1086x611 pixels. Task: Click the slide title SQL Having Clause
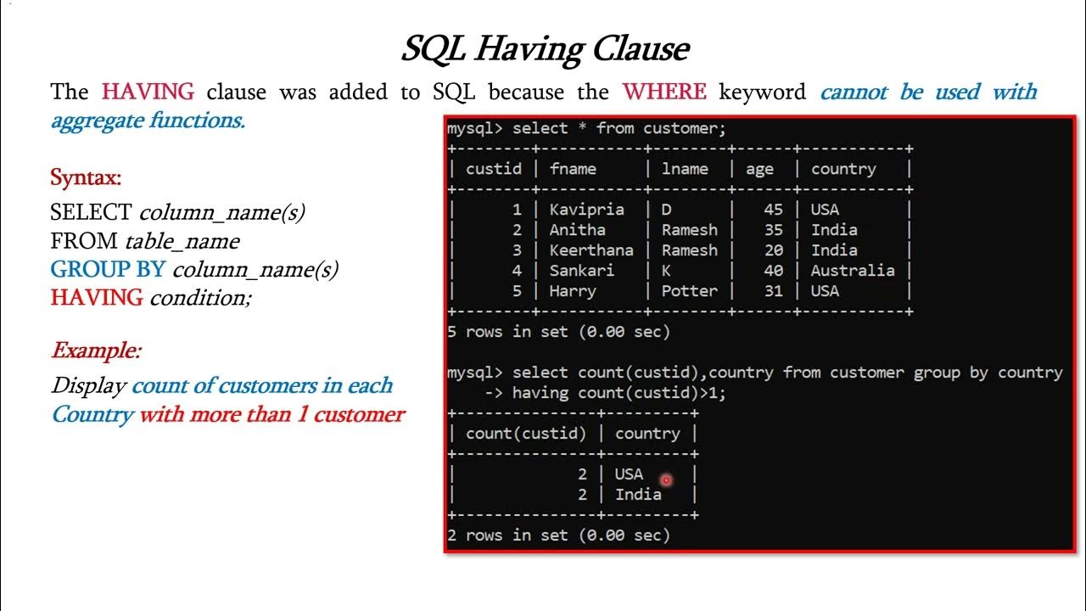[x=544, y=49]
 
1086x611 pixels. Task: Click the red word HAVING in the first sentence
[x=148, y=92]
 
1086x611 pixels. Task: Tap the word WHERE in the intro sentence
[x=664, y=92]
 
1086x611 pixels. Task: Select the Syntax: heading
[x=86, y=178]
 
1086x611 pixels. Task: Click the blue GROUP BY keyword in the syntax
[x=107, y=270]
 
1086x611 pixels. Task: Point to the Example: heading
[x=96, y=350]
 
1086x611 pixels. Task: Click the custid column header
[x=494, y=169]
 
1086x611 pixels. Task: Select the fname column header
[x=573, y=169]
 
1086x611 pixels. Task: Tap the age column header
[x=759, y=169]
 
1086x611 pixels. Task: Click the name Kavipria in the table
[x=586, y=210]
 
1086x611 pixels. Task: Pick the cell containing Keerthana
[x=591, y=250]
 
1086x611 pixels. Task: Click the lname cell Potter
[x=689, y=291]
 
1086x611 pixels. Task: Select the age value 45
[x=773, y=210]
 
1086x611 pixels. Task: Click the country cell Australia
[x=852, y=271]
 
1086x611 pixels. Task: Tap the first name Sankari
[x=581, y=271]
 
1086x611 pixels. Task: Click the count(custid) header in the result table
[x=526, y=434]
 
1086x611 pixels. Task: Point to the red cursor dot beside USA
[x=666, y=480]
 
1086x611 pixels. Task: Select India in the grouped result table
[x=638, y=494]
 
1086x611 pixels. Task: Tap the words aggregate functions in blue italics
[x=148, y=121]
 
